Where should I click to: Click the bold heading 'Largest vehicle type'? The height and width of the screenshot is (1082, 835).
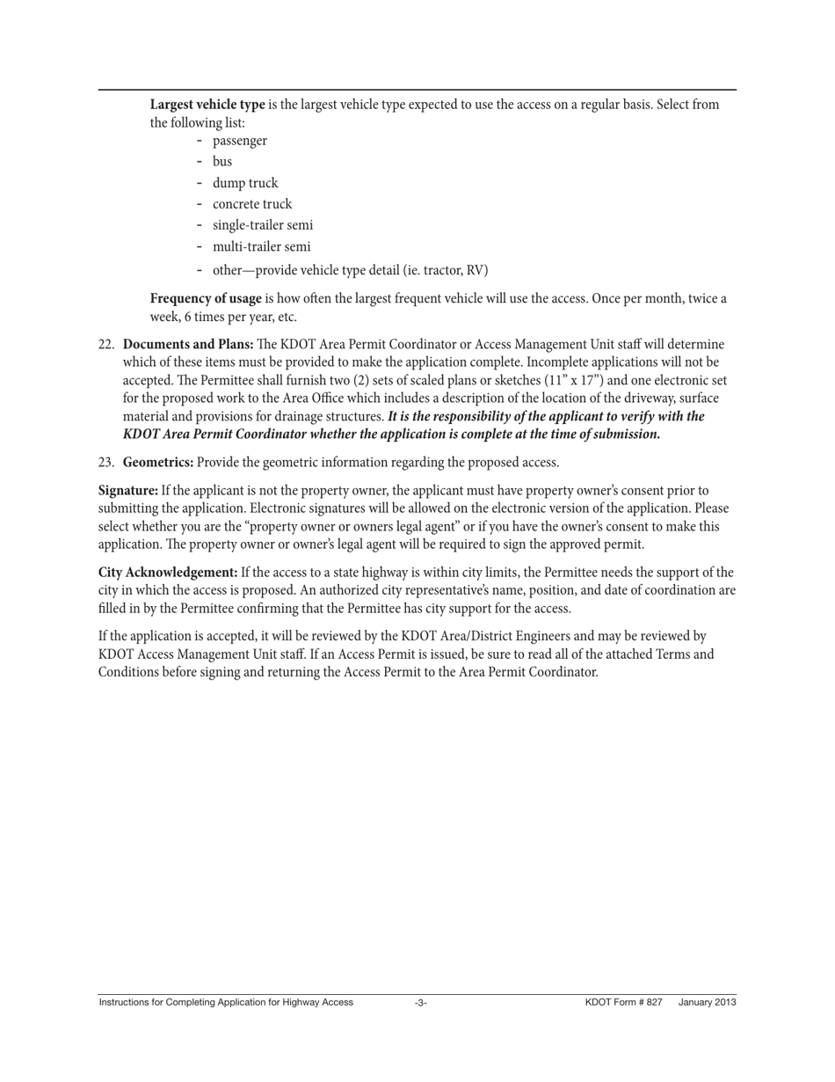207,105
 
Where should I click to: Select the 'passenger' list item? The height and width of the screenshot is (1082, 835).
239,141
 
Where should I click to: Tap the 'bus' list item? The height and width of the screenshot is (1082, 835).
222,162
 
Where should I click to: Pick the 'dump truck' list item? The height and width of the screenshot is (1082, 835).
244,183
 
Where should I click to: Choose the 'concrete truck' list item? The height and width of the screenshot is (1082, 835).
251,204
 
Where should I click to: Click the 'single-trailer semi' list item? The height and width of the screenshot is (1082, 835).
262,225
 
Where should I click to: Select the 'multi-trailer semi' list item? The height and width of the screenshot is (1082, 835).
261,247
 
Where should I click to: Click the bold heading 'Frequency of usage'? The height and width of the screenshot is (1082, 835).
206,298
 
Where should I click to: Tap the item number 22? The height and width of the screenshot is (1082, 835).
106,345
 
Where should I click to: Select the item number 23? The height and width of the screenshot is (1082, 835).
106,463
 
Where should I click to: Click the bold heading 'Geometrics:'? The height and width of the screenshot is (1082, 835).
158,463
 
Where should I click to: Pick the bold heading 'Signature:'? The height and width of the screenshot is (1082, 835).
128,490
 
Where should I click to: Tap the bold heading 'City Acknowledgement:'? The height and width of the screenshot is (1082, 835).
168,573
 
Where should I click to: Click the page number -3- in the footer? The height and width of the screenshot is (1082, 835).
421,1003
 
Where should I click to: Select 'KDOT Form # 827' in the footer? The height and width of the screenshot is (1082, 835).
623,1003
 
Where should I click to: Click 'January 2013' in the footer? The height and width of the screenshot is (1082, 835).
707,1003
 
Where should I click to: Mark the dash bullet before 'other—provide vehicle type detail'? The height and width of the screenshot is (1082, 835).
200,270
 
